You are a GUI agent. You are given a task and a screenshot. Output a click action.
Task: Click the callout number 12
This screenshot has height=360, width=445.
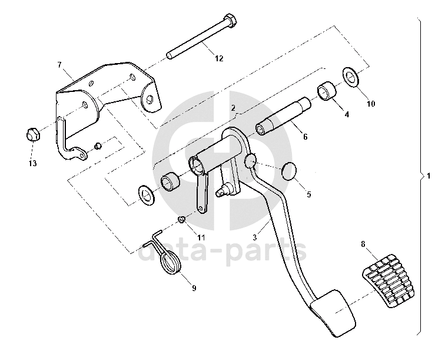click(x=219, y=58)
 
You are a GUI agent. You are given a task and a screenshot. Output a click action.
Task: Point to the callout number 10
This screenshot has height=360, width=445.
click(x=371, y=104)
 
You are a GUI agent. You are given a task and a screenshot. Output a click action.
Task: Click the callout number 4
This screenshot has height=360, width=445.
click(x=347, y=114)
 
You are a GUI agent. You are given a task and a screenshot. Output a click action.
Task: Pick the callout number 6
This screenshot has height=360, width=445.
click(x=305, y=136)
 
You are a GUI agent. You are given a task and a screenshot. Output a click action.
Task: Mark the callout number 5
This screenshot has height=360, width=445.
click(x=309, y=193)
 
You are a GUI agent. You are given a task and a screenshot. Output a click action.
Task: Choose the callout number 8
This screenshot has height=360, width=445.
click(x=363, y=243)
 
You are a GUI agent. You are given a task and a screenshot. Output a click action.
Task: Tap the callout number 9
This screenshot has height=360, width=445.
click(x=194, y=288)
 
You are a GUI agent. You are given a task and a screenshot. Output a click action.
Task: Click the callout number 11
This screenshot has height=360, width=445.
click(x=201, y=237)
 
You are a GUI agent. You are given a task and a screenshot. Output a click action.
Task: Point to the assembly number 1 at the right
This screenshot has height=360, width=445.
click(x=429, y=176)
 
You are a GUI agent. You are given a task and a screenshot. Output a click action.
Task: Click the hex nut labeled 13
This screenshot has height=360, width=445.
click(x=33, y=135)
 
